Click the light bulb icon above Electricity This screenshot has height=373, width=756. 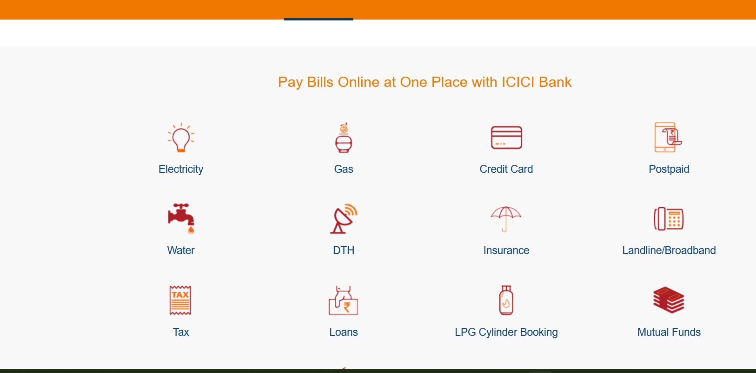(x=181, y=137)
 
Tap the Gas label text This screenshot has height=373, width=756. (x=344, y=169)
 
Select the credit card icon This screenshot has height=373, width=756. (x=506, y=137)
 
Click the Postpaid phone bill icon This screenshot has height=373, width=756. (x=668, y=137)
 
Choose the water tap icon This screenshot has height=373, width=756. (x=181, y=218)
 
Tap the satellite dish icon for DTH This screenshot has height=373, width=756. (x=344, y=218)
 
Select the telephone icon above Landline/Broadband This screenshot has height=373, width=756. (x=669, y=219)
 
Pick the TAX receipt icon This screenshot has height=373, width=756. (x=180, y=300)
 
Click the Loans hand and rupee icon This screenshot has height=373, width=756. (x=343, y=300)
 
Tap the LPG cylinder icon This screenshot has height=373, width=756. (x=506, y=300)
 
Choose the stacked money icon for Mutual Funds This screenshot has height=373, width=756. (x=669, y=300)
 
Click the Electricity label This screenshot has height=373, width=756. (x=181, y=169)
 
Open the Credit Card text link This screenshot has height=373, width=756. (x=506, y=169)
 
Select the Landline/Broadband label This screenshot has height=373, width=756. (x=669, y=250)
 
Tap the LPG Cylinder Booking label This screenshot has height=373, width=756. (x=506, y=332)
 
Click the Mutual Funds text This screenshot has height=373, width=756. (x=669, y=332)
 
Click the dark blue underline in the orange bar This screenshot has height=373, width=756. (x=318, y=19)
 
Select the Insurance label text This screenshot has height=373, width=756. (x=506, y=250)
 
